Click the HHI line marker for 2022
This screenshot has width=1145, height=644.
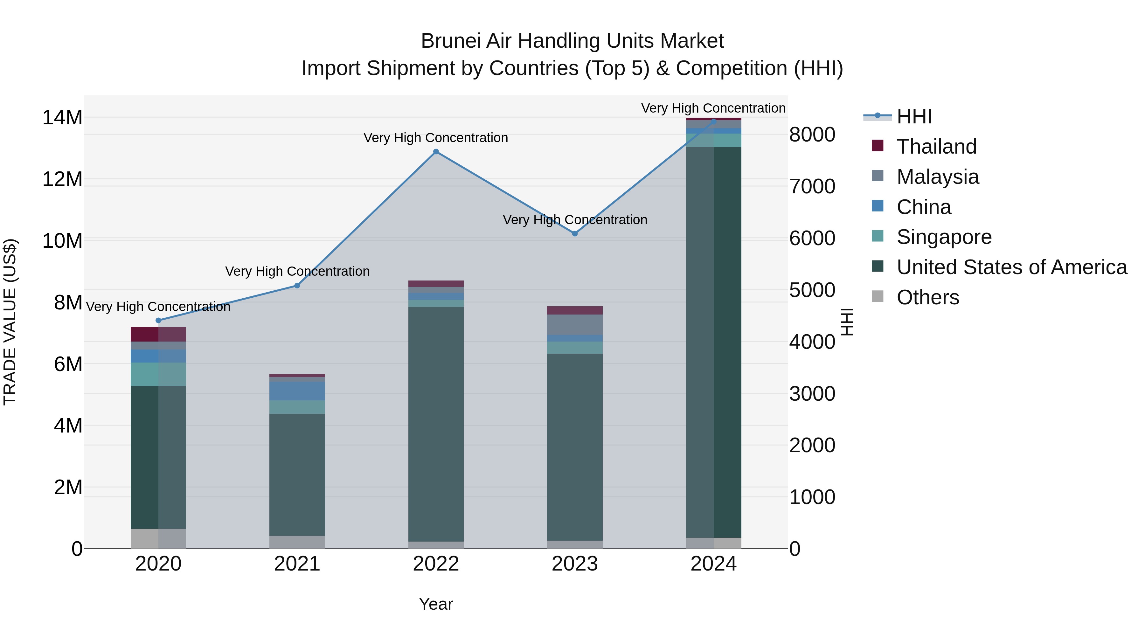tap(436, 152)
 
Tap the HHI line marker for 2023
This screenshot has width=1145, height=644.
tap(575, 233)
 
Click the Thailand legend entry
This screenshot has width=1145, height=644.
tap(937, 146)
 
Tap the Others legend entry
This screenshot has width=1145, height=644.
tap(928, 297)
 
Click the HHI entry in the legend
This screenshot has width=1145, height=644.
tap(914, 116)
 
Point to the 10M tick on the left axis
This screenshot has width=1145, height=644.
tap(62, 240)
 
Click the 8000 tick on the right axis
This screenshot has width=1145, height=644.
tap(812, 134)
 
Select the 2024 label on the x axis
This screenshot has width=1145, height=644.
tap(713, 564)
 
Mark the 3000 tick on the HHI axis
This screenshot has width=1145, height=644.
tap(812, 393)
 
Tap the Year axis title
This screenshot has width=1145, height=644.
tap(436, 604)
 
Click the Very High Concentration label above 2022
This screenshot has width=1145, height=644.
tap(436, 138)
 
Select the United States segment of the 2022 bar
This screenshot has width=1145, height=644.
tap(436, 422)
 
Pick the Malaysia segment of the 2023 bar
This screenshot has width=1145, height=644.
tap(575, 324)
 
